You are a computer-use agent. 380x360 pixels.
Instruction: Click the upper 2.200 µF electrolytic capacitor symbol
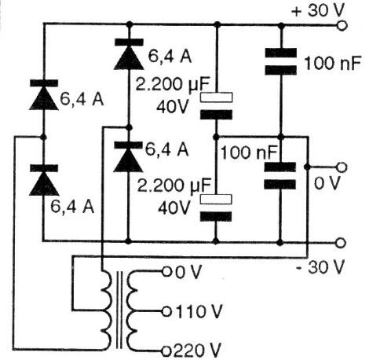(216, 106)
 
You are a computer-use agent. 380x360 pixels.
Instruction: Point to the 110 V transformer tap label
(195, 310)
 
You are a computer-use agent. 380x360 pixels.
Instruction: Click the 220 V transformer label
(195, 347)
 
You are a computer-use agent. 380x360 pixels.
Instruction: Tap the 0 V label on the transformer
(187, 273)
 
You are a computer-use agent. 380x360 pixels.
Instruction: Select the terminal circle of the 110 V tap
(166, 310)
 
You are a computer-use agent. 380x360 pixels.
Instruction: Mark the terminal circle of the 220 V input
(166, 347)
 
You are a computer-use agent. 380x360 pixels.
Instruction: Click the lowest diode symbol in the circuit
(43, 182)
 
